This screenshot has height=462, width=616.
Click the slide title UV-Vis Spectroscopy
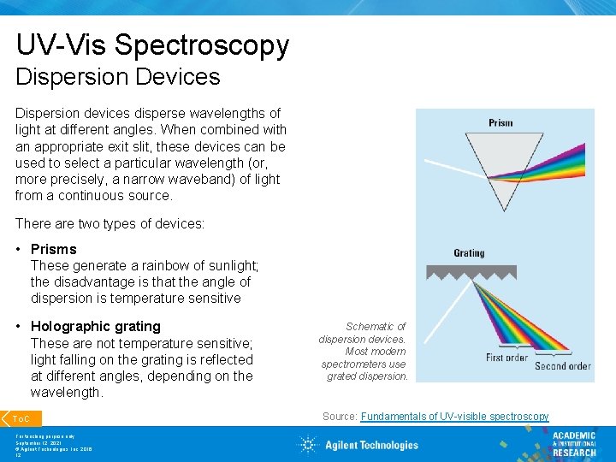coord(152,44)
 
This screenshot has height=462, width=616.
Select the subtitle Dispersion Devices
coord(118,77)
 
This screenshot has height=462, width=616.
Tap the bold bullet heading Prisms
coord(54,249)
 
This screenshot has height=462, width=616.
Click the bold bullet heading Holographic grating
coord(96,326)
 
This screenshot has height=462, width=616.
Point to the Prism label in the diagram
coord(500,122)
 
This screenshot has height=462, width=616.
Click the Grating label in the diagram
coord(469,253)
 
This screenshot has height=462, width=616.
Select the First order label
coord(506,358)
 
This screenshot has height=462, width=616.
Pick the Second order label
coord(562,366)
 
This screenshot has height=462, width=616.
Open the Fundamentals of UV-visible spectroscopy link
coord(454,417)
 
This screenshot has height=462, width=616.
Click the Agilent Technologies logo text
coord(371,445)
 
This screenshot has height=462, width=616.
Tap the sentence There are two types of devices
coord(110,223)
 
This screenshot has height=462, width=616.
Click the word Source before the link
coord(339,417)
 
